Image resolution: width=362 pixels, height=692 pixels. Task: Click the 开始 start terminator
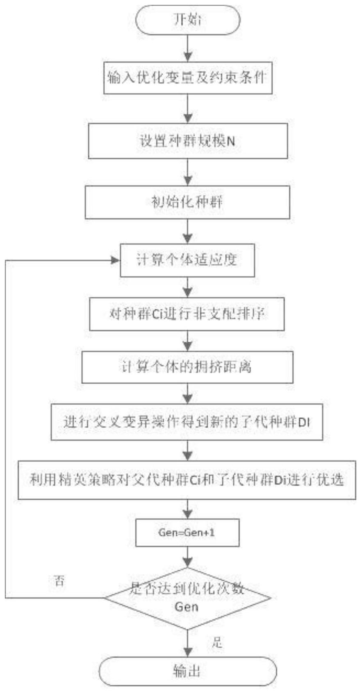click(x=188, y=20)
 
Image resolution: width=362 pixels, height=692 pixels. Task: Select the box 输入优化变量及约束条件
click(x=188, y=77)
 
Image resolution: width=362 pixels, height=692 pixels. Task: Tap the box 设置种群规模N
click(x=188, y=141)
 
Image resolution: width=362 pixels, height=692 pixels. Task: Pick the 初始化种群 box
click(x=187, y=202)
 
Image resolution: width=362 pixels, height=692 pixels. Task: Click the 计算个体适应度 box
click(x=187, y=260)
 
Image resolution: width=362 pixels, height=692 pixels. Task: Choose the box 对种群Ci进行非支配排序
click(x=187, y=314)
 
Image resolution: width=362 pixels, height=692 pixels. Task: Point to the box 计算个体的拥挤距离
click(x=187, y=367)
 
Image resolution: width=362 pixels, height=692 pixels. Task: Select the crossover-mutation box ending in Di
click(x=187, y=422)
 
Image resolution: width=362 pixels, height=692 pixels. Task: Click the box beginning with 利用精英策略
click(x=187, y=480)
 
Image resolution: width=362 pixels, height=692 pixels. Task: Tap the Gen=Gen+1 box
click(x=187, y=532)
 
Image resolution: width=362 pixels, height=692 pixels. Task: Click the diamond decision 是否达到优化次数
click(x=187, y=598)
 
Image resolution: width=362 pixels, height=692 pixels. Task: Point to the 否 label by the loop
click(x=59, y=581)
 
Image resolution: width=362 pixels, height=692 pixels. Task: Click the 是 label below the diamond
click(x=217, y=643)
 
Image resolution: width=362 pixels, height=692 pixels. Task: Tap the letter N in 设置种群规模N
click(x=231, y=142)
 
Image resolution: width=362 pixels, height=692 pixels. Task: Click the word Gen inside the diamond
click(x=186, y=607)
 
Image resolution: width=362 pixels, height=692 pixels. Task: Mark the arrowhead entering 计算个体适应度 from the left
click(x=116, y=260)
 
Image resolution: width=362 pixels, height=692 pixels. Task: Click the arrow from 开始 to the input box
click(x=188, y=47)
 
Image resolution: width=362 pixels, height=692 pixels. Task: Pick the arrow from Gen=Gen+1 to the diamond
click(x=188, y=557)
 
